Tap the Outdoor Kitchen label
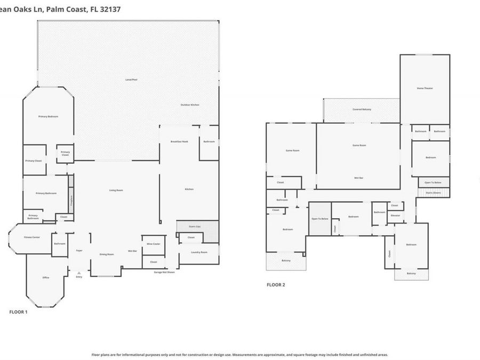coord(189,105)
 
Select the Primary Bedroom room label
coord(48,116)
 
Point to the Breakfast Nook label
coord(179,141)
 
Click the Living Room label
coord(116,190)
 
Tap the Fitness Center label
coord(32,237)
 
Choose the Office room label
coord(46,277)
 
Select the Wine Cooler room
coord(153,244)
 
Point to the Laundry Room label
coord(199,252)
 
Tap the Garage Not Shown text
coord(164,272)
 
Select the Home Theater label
coord(425,88)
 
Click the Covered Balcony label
coord(362,109)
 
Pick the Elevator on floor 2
coord(395,215)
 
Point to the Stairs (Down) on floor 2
coord(433,193)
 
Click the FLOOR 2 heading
coord(276,285)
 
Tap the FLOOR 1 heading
coord(18,311)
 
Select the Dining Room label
coord(107,254)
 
